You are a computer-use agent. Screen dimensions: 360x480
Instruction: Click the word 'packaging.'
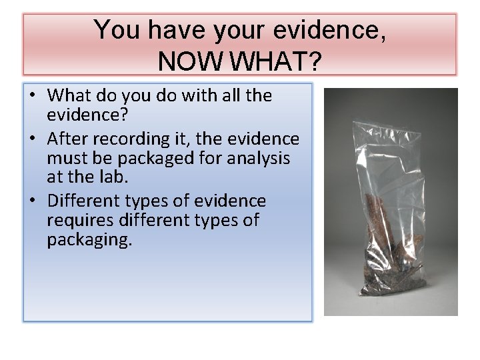point(89,240)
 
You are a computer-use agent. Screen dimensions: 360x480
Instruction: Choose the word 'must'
point(65,159)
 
